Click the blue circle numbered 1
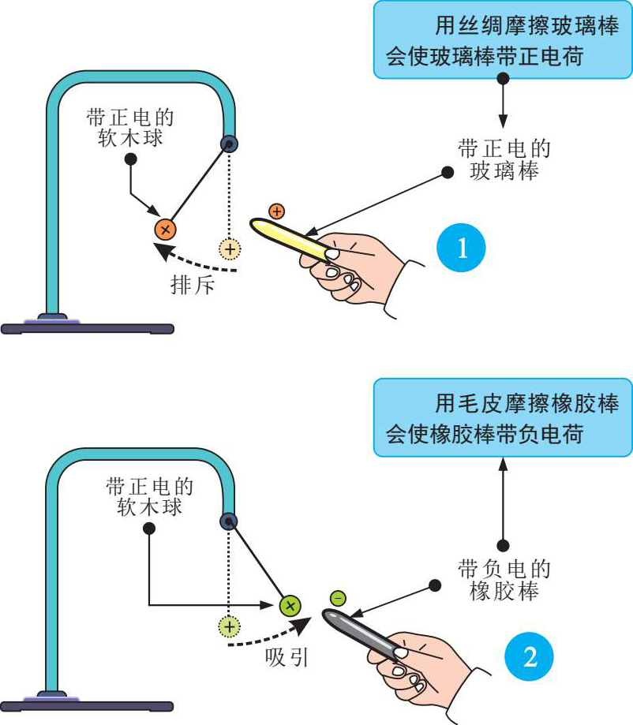point(462,249)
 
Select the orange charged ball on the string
point(166,230)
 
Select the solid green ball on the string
point(290,606)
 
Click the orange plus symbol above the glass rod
point(276,211)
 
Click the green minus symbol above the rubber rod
point(338,599)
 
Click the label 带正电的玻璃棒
point(504,160)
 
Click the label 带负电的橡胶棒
point(504,581)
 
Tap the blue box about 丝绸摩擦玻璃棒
point(503,39)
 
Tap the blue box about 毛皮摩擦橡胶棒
point(503,417)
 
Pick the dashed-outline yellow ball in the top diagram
point(230,249)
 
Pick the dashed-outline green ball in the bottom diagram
point(229,627)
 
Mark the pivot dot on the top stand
point(230,143)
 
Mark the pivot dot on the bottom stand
point(230,520)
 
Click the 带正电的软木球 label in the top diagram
point(130,127)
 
